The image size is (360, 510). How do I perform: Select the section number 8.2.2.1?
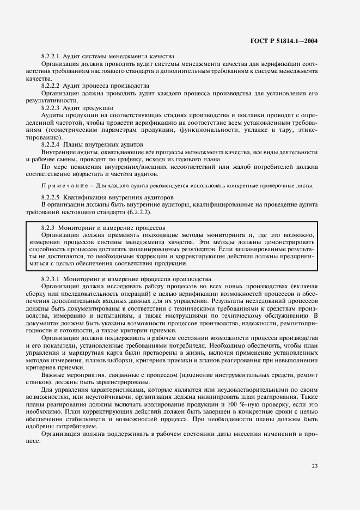[51, 57]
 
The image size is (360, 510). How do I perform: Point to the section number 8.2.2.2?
[51, 86]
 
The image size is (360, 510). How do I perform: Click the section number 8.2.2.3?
[51, 108]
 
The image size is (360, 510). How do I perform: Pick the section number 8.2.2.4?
[51, 144]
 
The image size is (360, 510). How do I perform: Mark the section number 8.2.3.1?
[51, 278]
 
